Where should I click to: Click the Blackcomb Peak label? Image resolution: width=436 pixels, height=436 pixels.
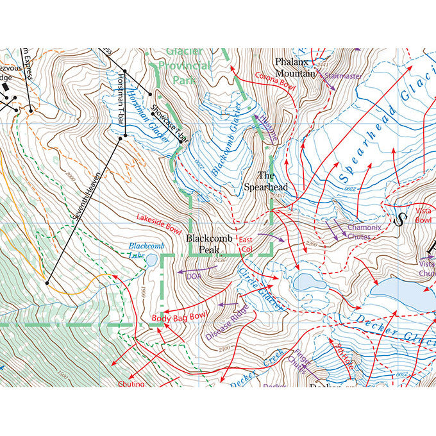pyautogui.click(x=207, y=244)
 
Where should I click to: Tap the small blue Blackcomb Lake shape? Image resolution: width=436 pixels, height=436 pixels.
pyautogui.click(x=153, y=260)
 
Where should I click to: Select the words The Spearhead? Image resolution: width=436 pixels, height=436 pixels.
pyautogui.click(x=265, y=181)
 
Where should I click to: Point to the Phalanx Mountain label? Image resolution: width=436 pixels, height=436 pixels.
pyautogui.click(x=296, y=67)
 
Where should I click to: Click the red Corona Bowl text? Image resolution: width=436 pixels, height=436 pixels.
pyautogui.click(x=275, y=82)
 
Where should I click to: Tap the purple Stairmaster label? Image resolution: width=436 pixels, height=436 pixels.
pyautogui.click(x=343, y=76)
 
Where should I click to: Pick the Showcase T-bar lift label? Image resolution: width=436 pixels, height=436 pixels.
pyautogui.click(x=169, y=124)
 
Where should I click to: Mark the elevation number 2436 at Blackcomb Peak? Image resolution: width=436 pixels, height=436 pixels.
pyautogui.click(x=220, y=260)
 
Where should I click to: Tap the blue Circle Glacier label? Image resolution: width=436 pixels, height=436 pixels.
pyautogui.click(x=260, y=289)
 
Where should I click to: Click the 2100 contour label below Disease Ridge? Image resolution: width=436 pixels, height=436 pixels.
pyautogui.click(x=224, y=348)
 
